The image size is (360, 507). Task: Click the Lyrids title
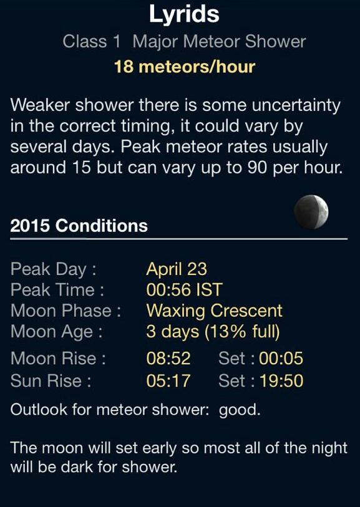(x=184, y=14)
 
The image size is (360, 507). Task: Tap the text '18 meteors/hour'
(x=184, y=66)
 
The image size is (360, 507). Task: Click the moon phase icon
(x=311, y=212)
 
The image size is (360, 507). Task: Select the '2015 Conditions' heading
(x=79, y=225)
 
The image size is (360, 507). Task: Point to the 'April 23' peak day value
(x=177, y=269)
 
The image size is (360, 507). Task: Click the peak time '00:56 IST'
(x=184, y=289)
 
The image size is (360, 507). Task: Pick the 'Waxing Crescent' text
(x=214, y=310)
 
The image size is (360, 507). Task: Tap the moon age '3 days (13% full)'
(x=213, y=331)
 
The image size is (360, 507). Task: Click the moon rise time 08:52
(x=168, y=358)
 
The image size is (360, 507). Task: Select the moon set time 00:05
(x=281, y=358)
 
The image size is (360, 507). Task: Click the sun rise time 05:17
(x=168, y=380)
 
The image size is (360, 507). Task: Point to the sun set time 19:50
(x=281, y=380)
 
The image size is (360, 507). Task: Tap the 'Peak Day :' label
(x=54, y=269)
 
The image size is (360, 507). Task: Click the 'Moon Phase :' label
(x=66, y=310)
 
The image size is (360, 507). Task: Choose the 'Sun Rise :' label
(x=51, y=380)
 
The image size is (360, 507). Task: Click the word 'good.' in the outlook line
(x=240, y=410)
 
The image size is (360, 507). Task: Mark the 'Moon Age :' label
(x=56, y=331)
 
